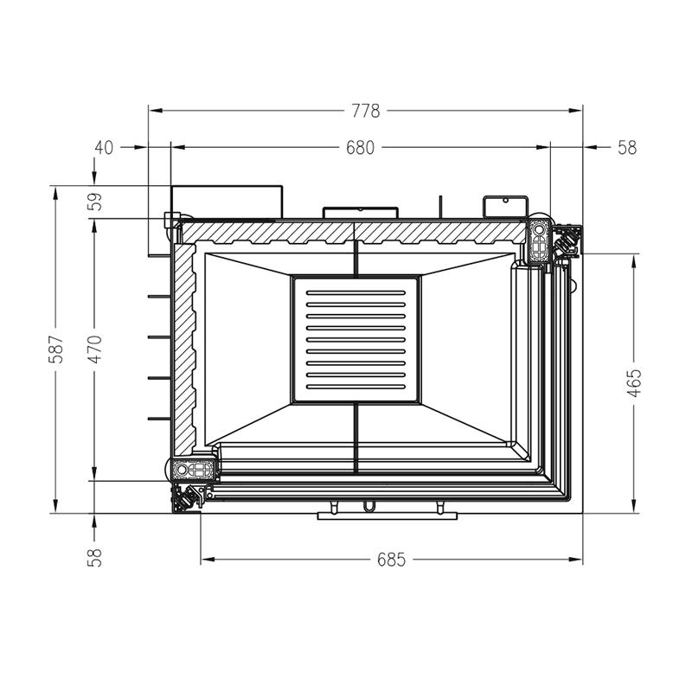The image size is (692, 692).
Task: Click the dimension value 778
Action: coord(365,111)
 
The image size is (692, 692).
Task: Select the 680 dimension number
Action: coord(360,147)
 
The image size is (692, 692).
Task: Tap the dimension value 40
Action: coord(104,147)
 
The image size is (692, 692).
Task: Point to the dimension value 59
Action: coord(95,202)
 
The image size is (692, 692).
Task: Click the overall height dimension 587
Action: coord(56,349)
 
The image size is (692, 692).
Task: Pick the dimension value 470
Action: coord(95,349)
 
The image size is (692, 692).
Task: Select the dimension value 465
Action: coord(634,383)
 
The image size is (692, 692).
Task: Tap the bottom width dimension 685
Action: coord(391,560)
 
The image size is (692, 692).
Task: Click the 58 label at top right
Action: coord(627,147)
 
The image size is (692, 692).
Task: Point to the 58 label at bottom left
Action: coord(95,557)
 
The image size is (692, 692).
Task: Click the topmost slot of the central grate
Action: coord(356,292)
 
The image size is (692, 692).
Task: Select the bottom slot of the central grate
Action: coord(356,387)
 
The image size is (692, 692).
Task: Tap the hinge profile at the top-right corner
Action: coord(539,239)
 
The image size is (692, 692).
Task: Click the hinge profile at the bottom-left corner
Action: coord(193,469)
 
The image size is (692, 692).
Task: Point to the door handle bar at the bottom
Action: coord(387,516)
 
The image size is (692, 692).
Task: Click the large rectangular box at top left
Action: coord(227,202)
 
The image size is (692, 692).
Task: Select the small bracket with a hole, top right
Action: coord(506,207)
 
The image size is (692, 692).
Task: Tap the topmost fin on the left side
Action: coord(159,296)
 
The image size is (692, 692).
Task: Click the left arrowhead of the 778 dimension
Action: coord(156,111)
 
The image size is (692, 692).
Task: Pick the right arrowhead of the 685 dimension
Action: coord(575,560)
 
